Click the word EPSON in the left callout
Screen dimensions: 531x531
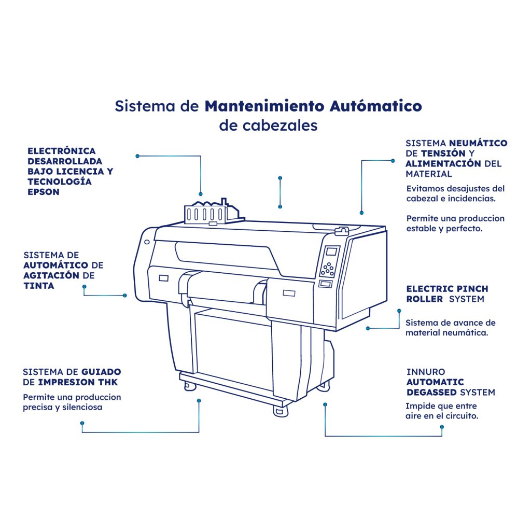tap(44, 192)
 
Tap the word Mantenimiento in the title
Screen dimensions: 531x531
tap(264, 106)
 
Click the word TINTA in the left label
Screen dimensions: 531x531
tap(38, 286)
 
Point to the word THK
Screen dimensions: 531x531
tap(108, 382)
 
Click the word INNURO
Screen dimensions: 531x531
tap(426, 372)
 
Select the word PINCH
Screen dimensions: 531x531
tap(472, 289)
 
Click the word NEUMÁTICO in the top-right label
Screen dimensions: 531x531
tap(478, 143)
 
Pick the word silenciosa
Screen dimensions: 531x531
tap(82, 407)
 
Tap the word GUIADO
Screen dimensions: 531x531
tap(101, 372)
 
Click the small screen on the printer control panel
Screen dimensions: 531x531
tap(331, 251)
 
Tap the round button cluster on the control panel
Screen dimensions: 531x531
tap(328, 269)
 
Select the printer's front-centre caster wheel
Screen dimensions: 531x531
tap(281, 411)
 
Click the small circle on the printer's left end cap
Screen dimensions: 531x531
tap(147, 242)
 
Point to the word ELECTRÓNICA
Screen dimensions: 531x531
tap(62, 151)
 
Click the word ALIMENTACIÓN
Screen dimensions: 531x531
tap(443, 163)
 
